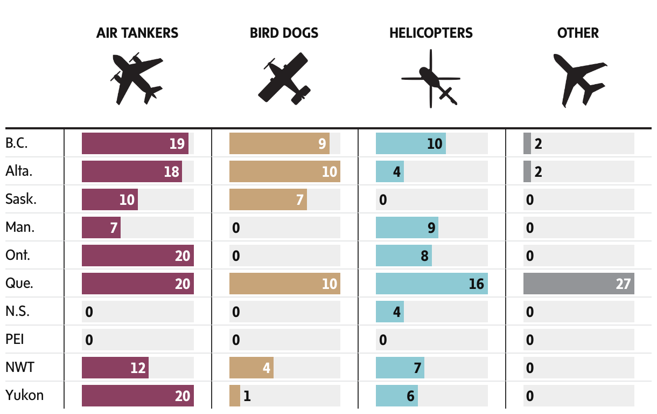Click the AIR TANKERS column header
coord(137,33)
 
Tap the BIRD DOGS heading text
coord(284,33)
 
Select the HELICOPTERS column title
coord(431,33)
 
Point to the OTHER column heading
coord(578,33)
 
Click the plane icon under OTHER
coord(579,79)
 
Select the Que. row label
coord(19,284)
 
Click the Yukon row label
coord(24,396)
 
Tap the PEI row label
coord(15,340)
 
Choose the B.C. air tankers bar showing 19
coord(135,143)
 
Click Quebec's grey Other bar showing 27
coord(578,284)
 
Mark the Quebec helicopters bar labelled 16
coord(431,284)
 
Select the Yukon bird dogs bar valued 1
coord(235,396)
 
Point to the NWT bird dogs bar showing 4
coord(251,368)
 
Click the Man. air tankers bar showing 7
coord(101,227)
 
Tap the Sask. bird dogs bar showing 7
coord(268,199)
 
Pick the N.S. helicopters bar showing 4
coord(389,312)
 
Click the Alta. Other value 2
coord(538,171)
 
